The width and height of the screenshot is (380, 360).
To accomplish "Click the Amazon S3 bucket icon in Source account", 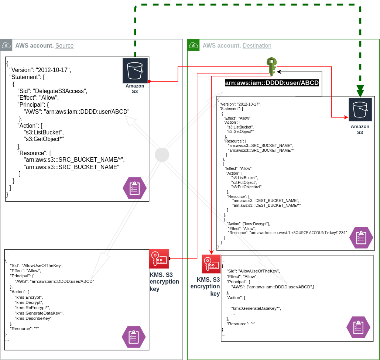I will tap(135, 71).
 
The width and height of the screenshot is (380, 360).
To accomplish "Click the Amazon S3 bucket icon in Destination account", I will tap(360, 110).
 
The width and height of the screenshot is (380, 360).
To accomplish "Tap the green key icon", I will tap(272, 66).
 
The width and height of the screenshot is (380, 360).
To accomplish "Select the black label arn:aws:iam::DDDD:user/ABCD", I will tap(272, 83).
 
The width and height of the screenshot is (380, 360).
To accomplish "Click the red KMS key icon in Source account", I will tap(159, 258).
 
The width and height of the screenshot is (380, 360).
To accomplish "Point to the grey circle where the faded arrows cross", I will tap(162, 155).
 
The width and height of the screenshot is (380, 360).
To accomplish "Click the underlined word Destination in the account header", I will tap(257, 46).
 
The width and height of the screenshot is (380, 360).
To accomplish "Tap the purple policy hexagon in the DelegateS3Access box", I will tap(134, 188).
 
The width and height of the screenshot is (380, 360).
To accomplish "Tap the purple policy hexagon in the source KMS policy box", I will tap(134, 337).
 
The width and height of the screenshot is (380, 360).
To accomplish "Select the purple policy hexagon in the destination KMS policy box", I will tap(358, 327).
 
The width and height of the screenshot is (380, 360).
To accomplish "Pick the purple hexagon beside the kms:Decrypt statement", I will tap(361, 237).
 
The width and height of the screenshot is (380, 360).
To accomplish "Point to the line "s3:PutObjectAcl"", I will tap(246, 187).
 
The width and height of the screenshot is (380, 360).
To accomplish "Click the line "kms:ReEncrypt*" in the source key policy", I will tap(32, 308).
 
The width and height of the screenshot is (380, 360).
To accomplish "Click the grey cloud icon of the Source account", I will tap(6, 45).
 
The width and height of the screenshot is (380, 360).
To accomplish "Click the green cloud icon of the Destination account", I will tap(193, 45).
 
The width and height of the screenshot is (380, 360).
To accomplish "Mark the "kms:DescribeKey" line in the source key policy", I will tap(33, 318).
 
